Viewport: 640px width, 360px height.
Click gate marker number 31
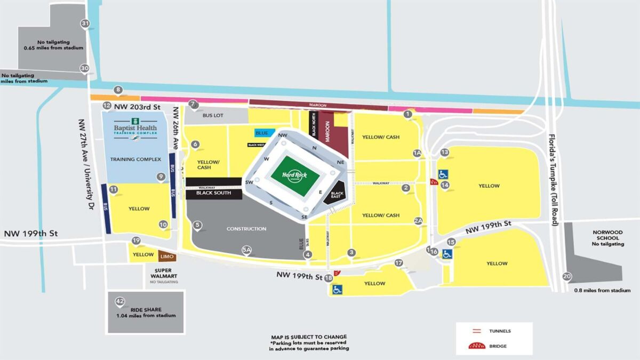click(85, 23)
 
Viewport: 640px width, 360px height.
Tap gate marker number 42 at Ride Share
click(120, 302)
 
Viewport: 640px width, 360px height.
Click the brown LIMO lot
click(166, 257)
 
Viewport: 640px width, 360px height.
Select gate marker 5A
click(246, 249)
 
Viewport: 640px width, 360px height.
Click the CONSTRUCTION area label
click(246, 229)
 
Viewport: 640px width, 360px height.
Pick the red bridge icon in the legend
click(476, 346)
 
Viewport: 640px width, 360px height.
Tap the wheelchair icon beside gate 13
click(443, 174)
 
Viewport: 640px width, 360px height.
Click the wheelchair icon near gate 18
click(337, 290)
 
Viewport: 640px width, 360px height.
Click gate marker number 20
click(566, 276)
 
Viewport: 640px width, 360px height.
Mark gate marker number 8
click(118, 90)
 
